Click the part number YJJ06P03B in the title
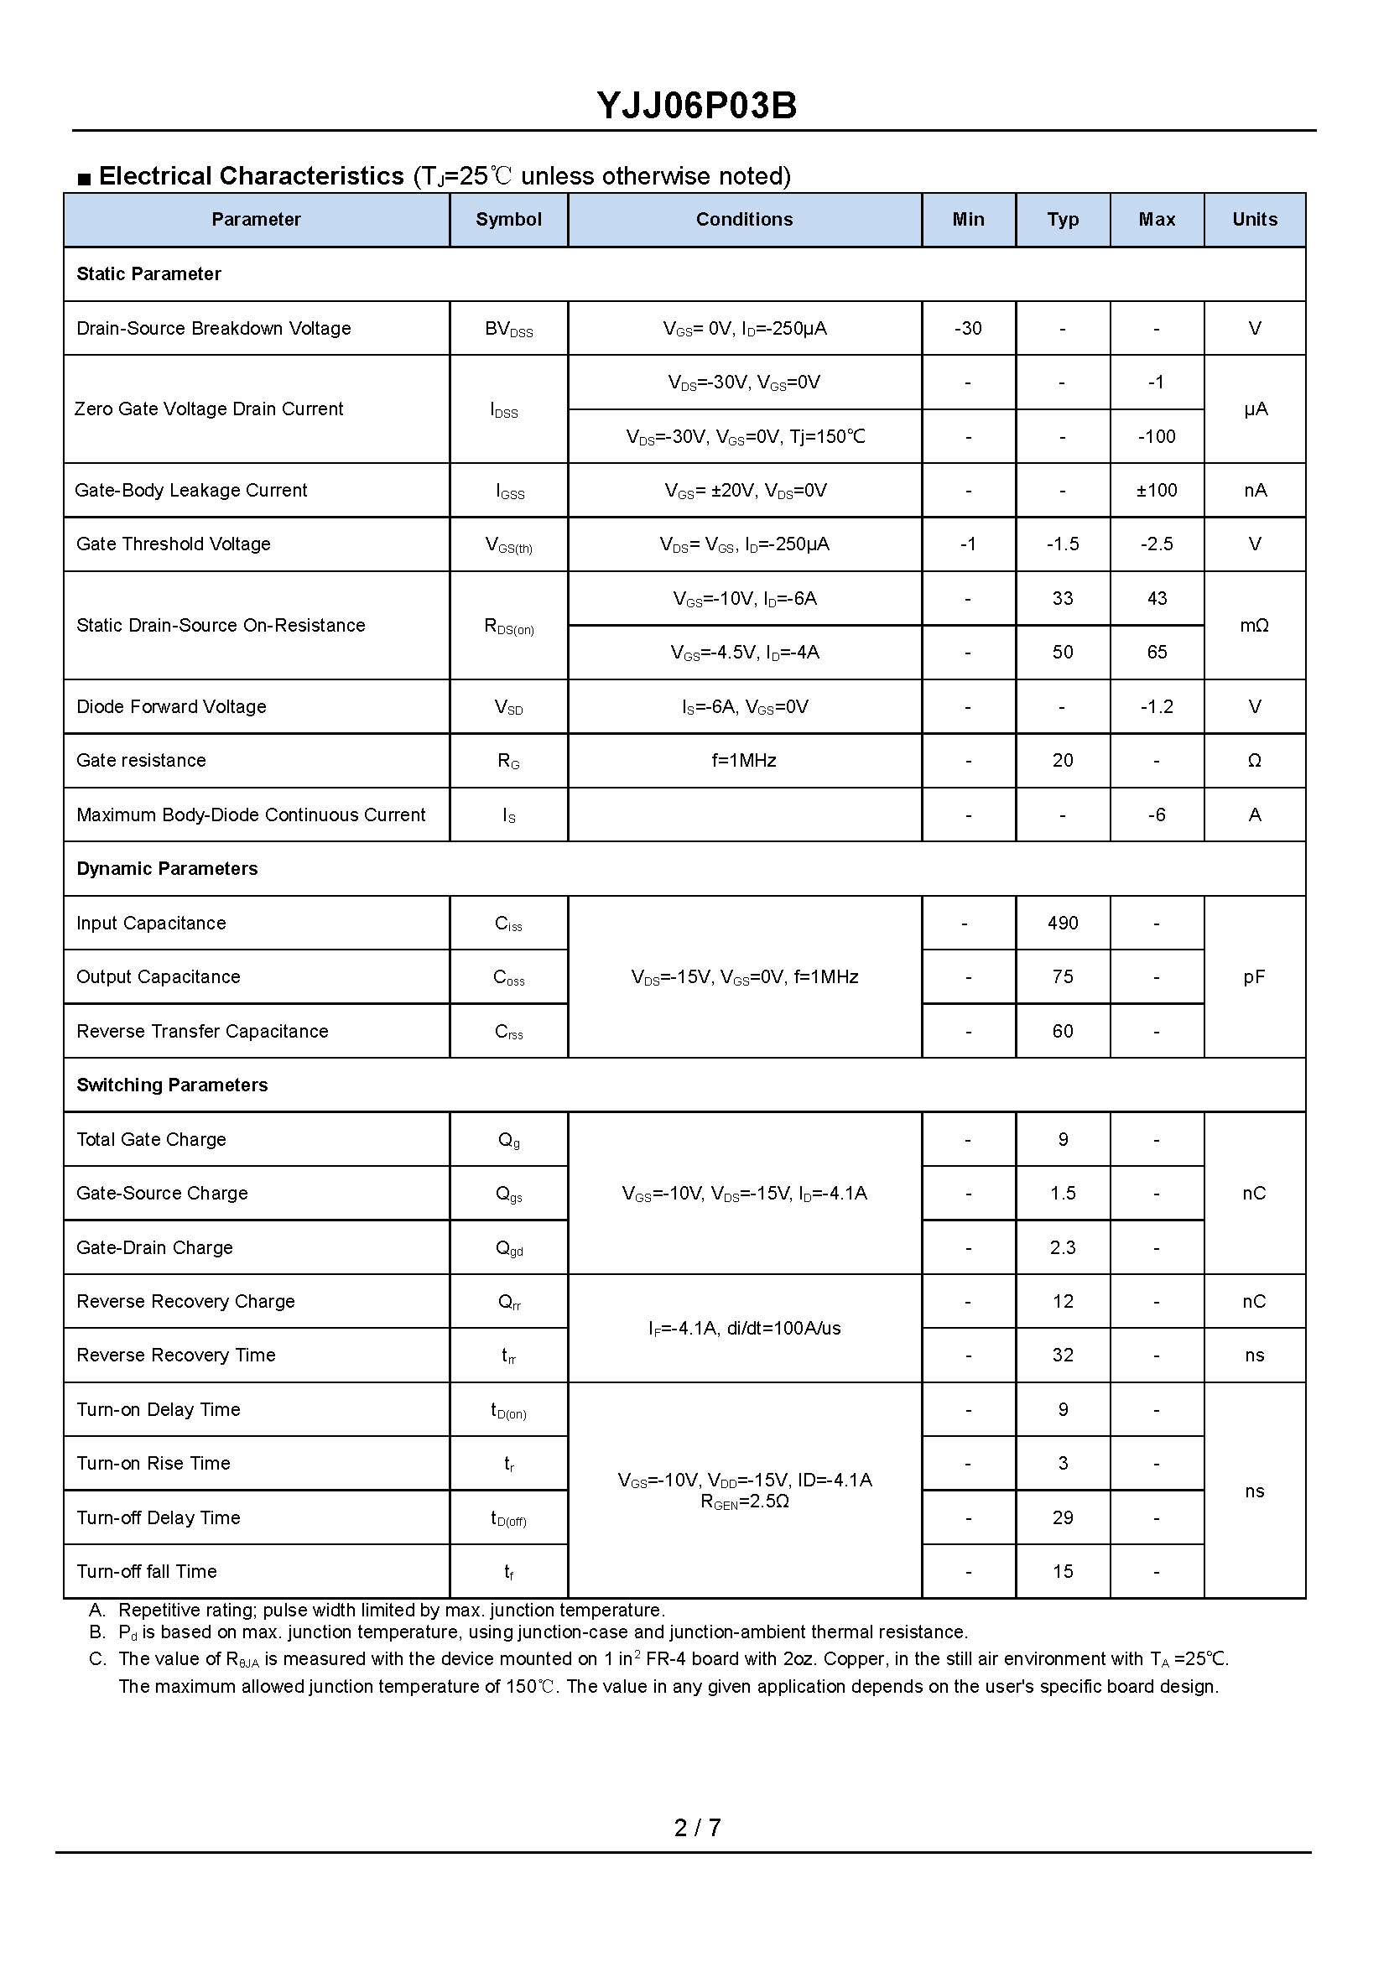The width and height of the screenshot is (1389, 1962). pyautogui.click(x=696, y=106)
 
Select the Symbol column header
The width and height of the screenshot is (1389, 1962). pyautogui.click(x=508, y=220)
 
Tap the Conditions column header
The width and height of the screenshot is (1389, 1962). pyautogui.click(x=744, y=220)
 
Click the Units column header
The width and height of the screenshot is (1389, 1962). pyautogui.click(x=1254, y=220)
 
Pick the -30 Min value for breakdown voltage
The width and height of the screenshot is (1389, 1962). pyautogui.click(x=967, y=329)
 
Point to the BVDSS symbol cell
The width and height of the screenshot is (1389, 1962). pyautogui.click(x=508, y=330)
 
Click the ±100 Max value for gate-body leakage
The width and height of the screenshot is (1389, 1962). pyautogui.click(x=1157, y=490)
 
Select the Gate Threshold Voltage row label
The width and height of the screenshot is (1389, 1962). pyautogui.click(x=173, y=544)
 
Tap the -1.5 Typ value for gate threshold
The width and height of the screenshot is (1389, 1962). pyautogui.click(x=1062, y=544)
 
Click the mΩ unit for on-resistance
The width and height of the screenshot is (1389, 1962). pyautogui.click(x=1254, y=625)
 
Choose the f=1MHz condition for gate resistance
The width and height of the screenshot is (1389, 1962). pyautogui.click(x=744, y=760)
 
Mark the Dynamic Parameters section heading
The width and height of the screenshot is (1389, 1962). pyautogui.click(x=167, y=869)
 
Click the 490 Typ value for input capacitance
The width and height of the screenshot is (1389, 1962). pyautogui.click(x=1062, y=923)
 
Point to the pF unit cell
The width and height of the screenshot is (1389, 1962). pyautogui.click(x=1254, y=976)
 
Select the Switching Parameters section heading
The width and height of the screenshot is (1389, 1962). pyautogui.click(x=172, y=1085)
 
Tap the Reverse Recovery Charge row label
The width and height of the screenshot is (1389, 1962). pyautogui.click(x=185, y=1301)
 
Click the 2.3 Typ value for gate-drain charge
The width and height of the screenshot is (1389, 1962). pyautogui.click(x=1062, y=1247)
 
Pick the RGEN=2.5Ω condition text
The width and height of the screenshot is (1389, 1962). pyautogui.click(x=744, y=1501)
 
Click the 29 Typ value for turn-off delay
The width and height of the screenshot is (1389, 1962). pyautogui.click(x=1062, y=1517)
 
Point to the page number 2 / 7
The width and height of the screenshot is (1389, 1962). pyautogui.click(x=697, y=1828)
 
